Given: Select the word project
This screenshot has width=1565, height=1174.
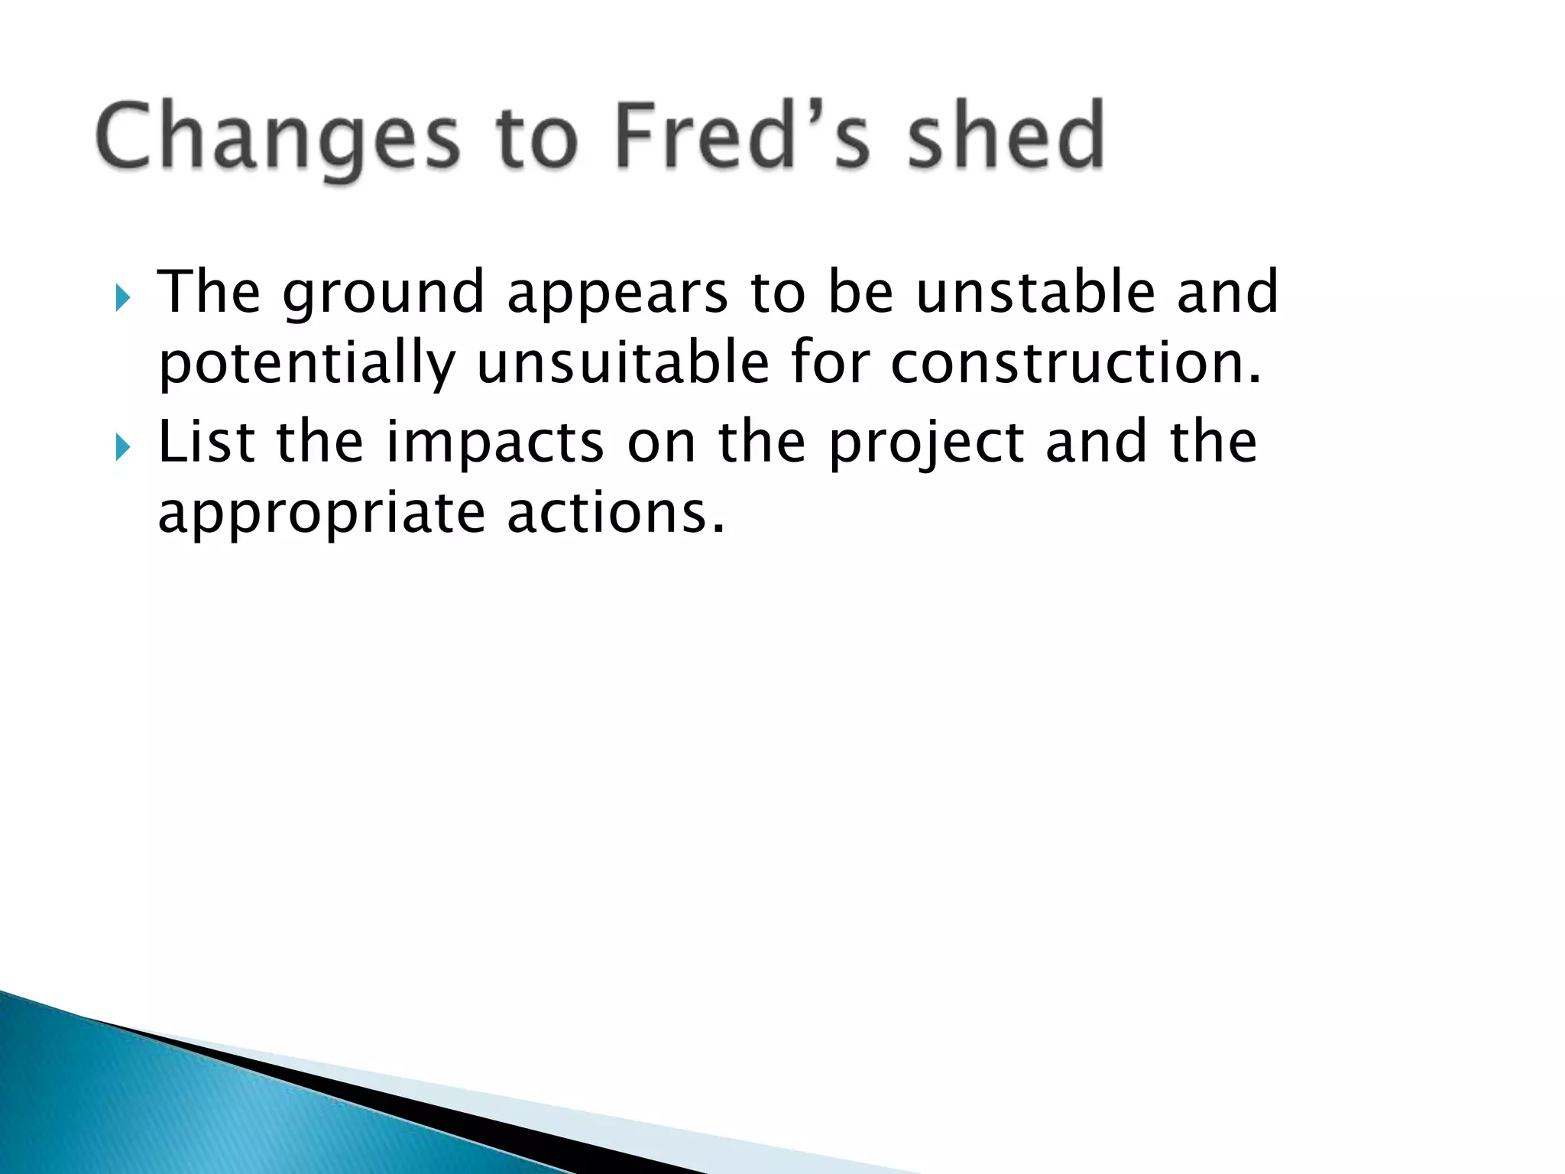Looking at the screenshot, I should pos(926,443).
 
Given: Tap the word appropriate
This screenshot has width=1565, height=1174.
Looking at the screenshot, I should pos(321,514).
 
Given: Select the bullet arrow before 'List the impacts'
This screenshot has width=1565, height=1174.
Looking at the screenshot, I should pos(123,447).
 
